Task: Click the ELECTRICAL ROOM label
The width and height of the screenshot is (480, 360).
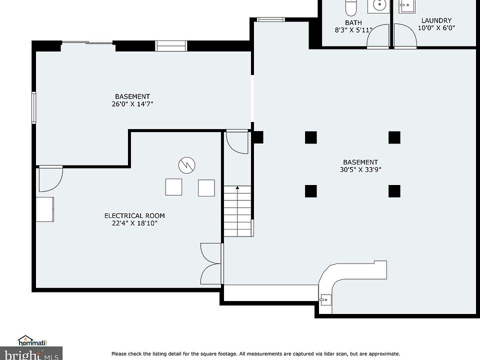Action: pos(134,216)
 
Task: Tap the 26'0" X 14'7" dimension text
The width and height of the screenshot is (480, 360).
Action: pos(132,104)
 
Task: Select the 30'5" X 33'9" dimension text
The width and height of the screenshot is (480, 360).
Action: pos(360,169)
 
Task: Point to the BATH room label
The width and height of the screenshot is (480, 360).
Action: pos(353,22)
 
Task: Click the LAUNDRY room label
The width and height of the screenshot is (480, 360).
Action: pos(436,20)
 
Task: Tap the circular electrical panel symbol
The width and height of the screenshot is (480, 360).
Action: pos(186,165)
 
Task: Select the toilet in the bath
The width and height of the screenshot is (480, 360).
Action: pos(351,7)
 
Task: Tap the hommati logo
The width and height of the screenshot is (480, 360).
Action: pos(32,341)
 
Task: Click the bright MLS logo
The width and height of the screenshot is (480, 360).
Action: pos(31,354)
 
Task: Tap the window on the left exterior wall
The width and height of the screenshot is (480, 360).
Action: pos(34,108)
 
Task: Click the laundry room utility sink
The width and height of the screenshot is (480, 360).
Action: pos(407,6)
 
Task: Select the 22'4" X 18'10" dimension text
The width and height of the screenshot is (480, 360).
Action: pos(134,223)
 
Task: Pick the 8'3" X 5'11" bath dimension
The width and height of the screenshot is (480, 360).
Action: pos(353,30)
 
